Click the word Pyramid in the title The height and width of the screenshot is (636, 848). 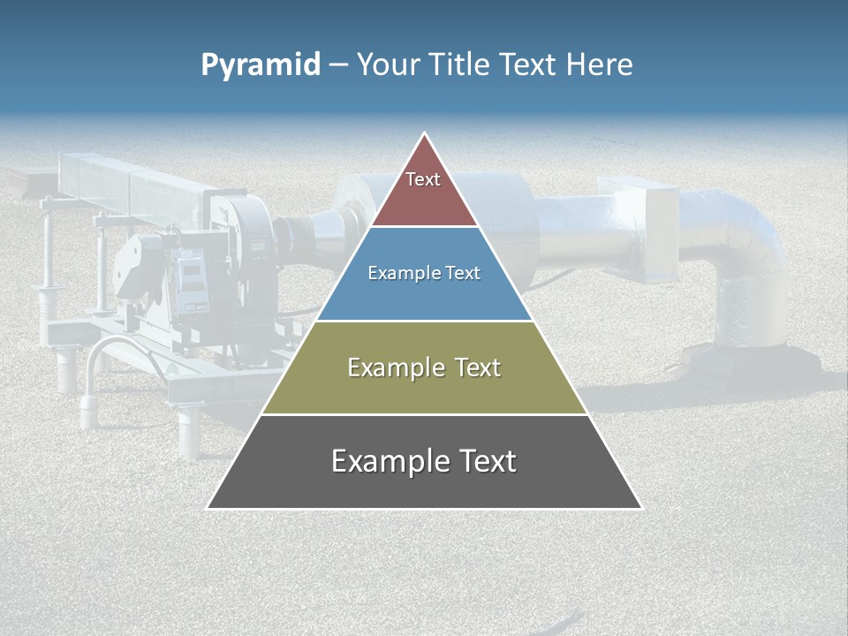pyautogui.click(x=261, y=65)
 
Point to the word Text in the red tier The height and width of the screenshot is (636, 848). pyautogui.click(x=423, y=179)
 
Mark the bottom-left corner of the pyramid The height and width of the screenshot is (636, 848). pyautogui.click(x=208, y=508)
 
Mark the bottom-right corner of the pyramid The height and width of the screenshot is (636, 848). pyautogui.click(x=640, y=508)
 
